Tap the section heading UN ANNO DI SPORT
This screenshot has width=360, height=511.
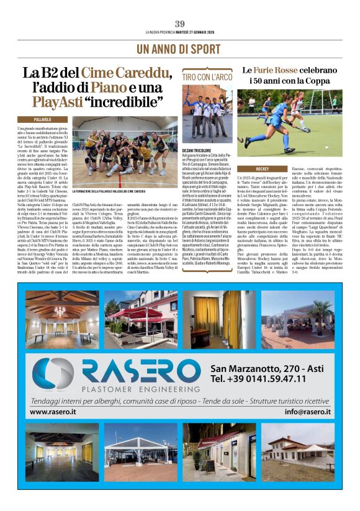[179, 48]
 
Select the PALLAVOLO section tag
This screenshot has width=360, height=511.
[51, 119]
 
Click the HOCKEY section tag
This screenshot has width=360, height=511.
[254, 169]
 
